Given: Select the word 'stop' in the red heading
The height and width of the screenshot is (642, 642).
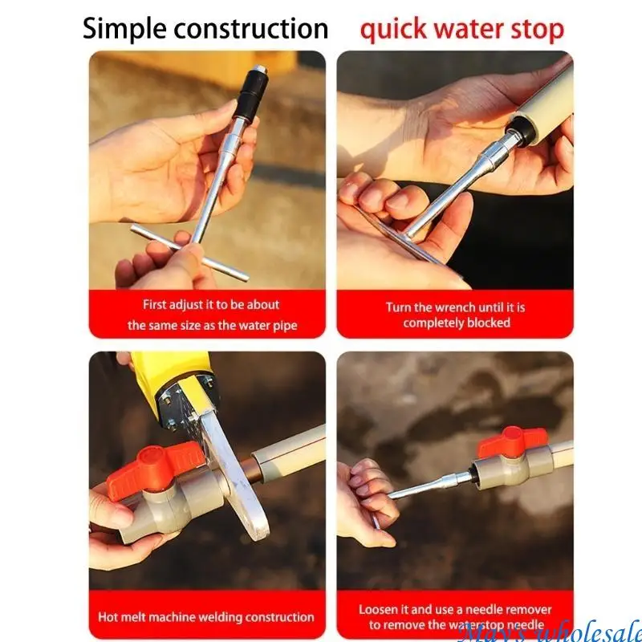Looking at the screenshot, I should [538, 30].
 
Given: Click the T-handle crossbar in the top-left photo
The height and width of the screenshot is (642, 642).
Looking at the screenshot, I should [189, 252].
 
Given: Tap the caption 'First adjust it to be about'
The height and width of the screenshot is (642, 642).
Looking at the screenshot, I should [211, 305].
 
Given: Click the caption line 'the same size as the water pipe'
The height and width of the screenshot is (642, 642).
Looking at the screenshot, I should [211, 325].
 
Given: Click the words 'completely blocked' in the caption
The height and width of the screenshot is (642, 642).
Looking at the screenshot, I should [456, 323].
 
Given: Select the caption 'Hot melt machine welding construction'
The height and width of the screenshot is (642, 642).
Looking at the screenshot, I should [206, 617].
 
